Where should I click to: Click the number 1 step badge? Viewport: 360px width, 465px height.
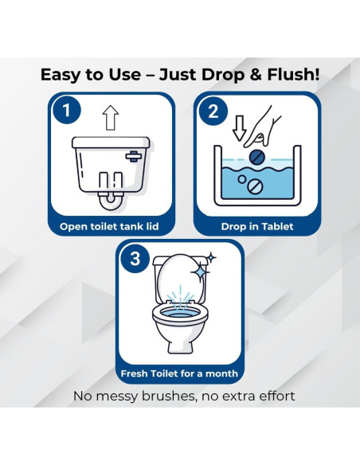coord(67,110)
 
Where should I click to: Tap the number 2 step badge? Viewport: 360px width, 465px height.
coord(213,111)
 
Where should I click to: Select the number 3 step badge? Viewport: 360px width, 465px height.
coord(135,258)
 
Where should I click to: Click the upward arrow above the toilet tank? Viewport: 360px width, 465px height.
coord(111,117)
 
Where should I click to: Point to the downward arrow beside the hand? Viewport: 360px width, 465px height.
coord(239,128)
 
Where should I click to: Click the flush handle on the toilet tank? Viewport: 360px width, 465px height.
coord(134,156)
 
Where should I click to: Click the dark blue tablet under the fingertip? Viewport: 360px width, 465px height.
coord(256,157)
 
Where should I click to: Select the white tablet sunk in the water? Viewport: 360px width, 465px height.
coord(256,186)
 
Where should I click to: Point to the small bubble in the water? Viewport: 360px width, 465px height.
coord(242,179)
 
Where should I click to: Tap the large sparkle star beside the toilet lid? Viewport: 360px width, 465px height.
coord(200,272)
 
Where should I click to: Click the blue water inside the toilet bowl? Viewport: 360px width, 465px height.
coord(180,315)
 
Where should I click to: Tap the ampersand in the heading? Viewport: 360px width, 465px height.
coord(256,74)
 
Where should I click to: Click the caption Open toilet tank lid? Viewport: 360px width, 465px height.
coord(109,227)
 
